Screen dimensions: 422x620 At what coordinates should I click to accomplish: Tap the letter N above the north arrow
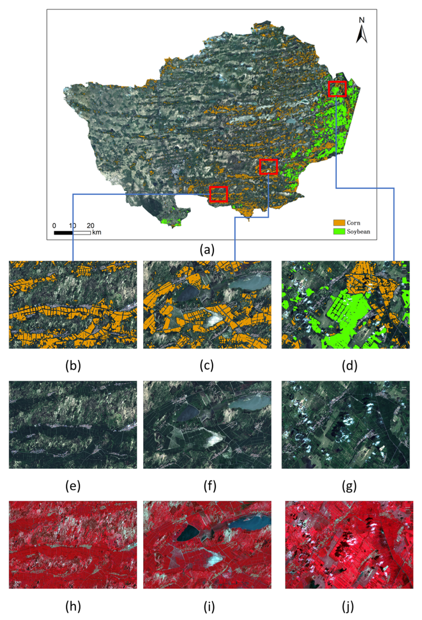coord(362,20)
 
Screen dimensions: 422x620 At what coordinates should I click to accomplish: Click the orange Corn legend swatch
coord(339,222)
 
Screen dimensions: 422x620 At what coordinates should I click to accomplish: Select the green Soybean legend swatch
coord(339,231)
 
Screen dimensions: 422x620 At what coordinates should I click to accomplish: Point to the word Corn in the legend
coord(353,222)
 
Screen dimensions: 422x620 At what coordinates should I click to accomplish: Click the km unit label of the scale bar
coord(97,232)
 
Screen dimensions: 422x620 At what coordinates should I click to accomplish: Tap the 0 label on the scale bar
coord(54,226)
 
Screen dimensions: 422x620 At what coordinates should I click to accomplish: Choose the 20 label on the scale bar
coord(90,226)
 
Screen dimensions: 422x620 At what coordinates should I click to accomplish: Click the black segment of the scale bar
coord(63,233)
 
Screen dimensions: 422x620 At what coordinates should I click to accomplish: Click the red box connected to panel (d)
coord(337,89)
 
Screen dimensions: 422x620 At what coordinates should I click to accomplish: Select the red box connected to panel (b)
coord(218,194)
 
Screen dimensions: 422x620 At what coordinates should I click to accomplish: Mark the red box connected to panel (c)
coord(268,167)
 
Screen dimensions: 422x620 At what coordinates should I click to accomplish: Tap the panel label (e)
coord(73,486)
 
